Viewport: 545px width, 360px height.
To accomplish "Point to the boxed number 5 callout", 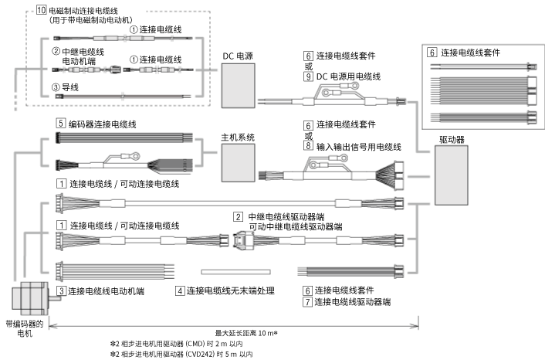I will (60, 123).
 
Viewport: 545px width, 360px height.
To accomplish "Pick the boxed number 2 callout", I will (239, 216).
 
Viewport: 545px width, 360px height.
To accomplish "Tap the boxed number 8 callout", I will (308, 145).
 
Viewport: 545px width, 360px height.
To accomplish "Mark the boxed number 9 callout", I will (308, 76).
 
